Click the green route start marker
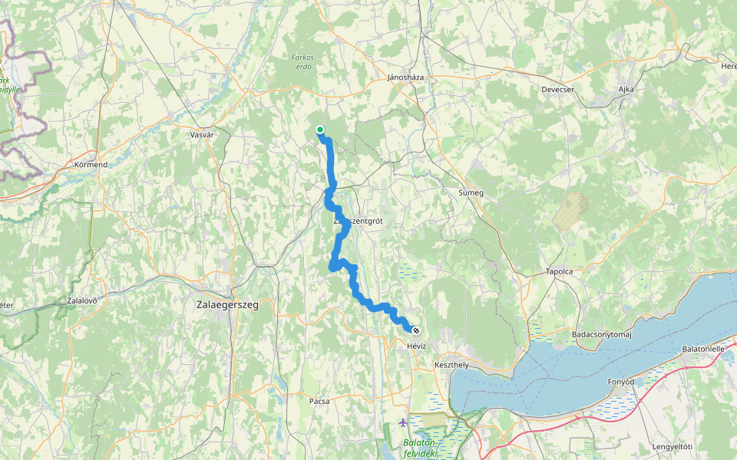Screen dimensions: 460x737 [319, 130]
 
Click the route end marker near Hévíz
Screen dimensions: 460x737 [416, 330]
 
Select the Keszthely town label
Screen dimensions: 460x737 [451, 365]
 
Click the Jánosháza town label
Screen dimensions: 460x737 [406, 77]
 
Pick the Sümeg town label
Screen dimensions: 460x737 [470, 192]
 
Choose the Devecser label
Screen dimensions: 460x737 [558, 90]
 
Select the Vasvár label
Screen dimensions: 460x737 [201, 134]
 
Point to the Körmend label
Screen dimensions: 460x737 [91, 165]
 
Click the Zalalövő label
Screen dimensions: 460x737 [81, 301]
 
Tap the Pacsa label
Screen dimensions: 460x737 [319, 401]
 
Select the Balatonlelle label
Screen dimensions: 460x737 [704, 349]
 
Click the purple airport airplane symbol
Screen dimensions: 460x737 [404, 422]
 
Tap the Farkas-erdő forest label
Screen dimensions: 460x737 [304, 61]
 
